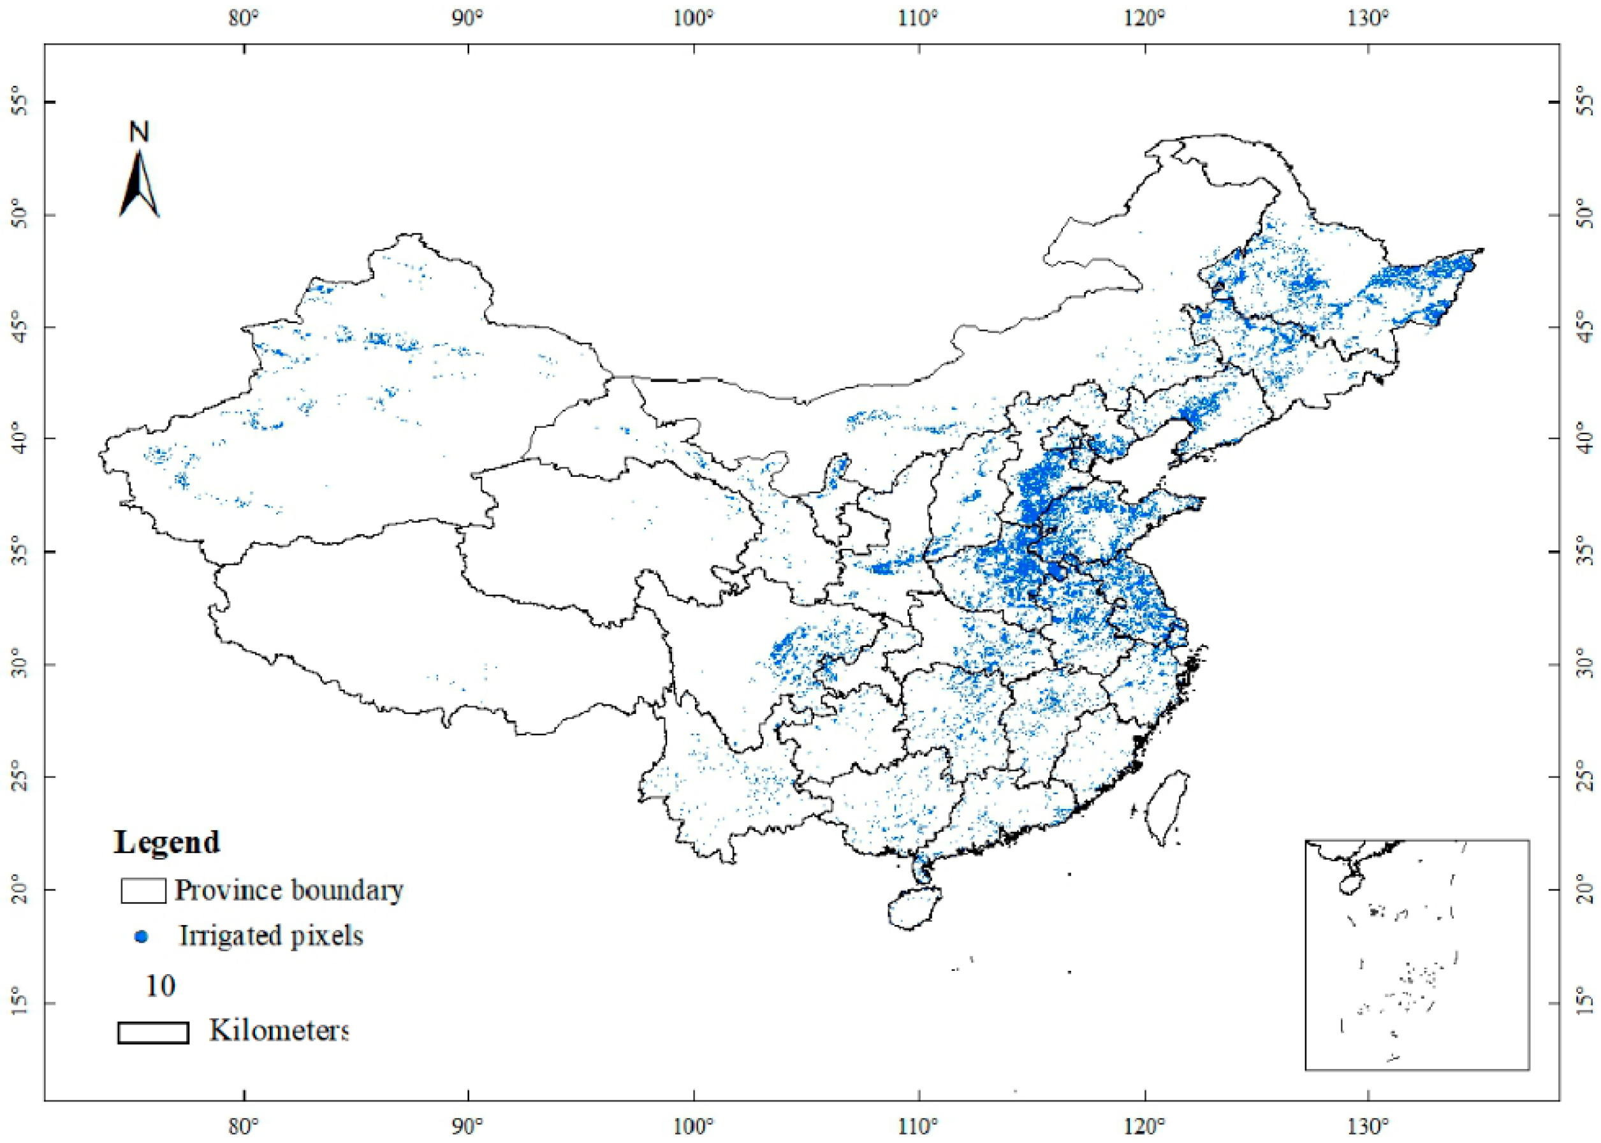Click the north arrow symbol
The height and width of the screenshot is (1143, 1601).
[x=140, y=184]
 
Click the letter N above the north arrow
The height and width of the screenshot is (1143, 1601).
[x=140, y=131]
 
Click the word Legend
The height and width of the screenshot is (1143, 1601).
[x=167, y=841]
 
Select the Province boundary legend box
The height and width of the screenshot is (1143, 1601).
[x=143, y=891]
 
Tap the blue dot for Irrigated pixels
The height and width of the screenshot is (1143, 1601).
[x=142, y=937]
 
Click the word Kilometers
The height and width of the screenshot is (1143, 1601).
[x=279, y=1030]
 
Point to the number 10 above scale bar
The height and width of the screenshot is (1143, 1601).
[x=160, y=986]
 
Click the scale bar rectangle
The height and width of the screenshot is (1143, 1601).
[x=153, y=1033]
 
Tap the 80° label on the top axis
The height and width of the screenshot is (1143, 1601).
[x=244, y=18]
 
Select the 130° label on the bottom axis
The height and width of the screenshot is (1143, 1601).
[x=1368, y=1125]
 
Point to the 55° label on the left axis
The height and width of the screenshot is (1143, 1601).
[x=20, y=101]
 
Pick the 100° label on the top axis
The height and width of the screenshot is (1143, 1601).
[x=693, y=18]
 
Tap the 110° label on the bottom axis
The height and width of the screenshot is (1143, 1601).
[x=918, y=1125]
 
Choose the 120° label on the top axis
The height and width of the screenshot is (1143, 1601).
[x=1144, y=18]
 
